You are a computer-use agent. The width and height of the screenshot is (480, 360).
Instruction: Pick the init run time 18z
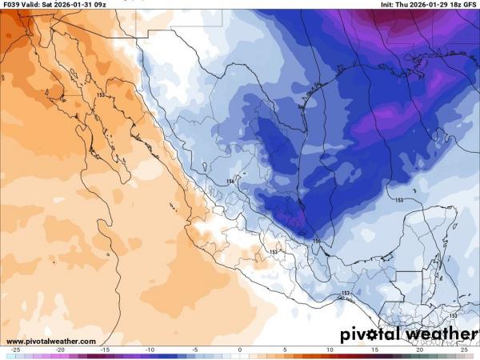tap(454, 4)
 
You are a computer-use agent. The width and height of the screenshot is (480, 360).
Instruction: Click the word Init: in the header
tap(390, 4)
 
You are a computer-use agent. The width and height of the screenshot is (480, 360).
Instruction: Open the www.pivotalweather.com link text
tap(51, 341)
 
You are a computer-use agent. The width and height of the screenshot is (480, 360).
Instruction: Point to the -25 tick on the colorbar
tap(15, 351)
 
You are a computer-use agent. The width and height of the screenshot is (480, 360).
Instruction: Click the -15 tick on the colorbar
tap(105, 351)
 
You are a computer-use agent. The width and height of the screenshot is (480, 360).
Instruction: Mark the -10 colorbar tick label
tap(150, 351)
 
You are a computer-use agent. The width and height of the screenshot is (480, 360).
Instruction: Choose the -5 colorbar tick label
tap(194, 351)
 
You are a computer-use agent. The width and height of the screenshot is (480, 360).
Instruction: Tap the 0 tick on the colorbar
tap(240, 351)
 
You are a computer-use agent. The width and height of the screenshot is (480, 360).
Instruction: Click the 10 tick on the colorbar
tap(330, 351)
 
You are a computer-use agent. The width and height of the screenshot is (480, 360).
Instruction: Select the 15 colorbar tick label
tap(374, 351)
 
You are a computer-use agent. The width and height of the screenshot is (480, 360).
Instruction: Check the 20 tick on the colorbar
tap(419, 351)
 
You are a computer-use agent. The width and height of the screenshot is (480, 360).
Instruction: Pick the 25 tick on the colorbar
tap(464, 351)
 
